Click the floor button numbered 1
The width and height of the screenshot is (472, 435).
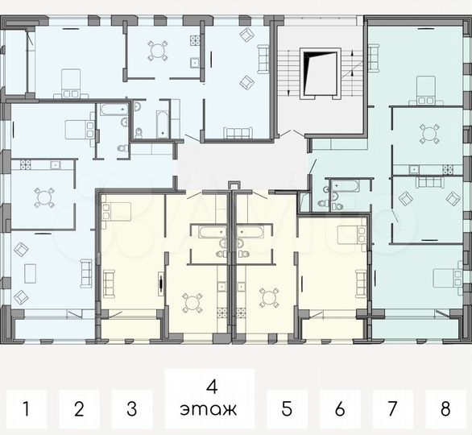26,409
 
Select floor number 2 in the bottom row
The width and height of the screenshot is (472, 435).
79,409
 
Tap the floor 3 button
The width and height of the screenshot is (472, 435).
132,409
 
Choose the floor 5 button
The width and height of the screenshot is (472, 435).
286,409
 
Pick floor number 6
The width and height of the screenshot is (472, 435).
339,409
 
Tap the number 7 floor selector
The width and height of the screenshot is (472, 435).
393,409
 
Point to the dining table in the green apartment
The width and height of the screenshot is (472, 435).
430,134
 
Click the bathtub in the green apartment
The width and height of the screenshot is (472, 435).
346,186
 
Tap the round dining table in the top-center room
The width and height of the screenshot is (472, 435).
157,51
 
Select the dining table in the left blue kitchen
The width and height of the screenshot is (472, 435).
43,197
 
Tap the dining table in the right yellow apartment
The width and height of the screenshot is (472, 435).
269,297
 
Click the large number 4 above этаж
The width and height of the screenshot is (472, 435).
211,385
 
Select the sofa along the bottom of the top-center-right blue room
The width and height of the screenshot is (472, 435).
238,133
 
